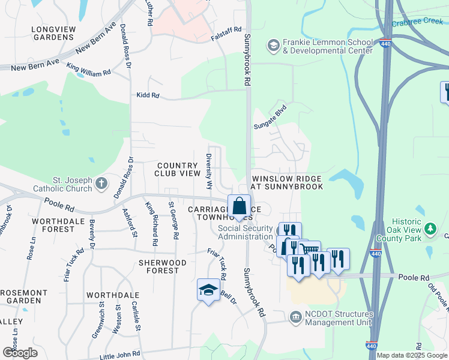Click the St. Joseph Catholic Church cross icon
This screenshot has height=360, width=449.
pos(102,182)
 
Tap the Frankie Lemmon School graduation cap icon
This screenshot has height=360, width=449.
pos(273,46)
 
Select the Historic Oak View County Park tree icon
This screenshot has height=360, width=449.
pos(430,229)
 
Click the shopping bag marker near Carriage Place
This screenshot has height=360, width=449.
pos(239,206)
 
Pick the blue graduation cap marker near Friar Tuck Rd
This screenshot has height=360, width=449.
pos(208,290)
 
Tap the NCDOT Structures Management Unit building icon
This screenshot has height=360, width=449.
pos(295,316)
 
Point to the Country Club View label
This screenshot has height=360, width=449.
pos(177,169)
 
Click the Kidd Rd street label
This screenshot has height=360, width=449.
pos(148,95)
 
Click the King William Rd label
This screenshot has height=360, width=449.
pos(88,69)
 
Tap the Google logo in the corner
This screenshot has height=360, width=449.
pos(20,353)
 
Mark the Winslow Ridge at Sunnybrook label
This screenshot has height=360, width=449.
pos(287,183)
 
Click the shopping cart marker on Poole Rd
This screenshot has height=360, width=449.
pos(309,249)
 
